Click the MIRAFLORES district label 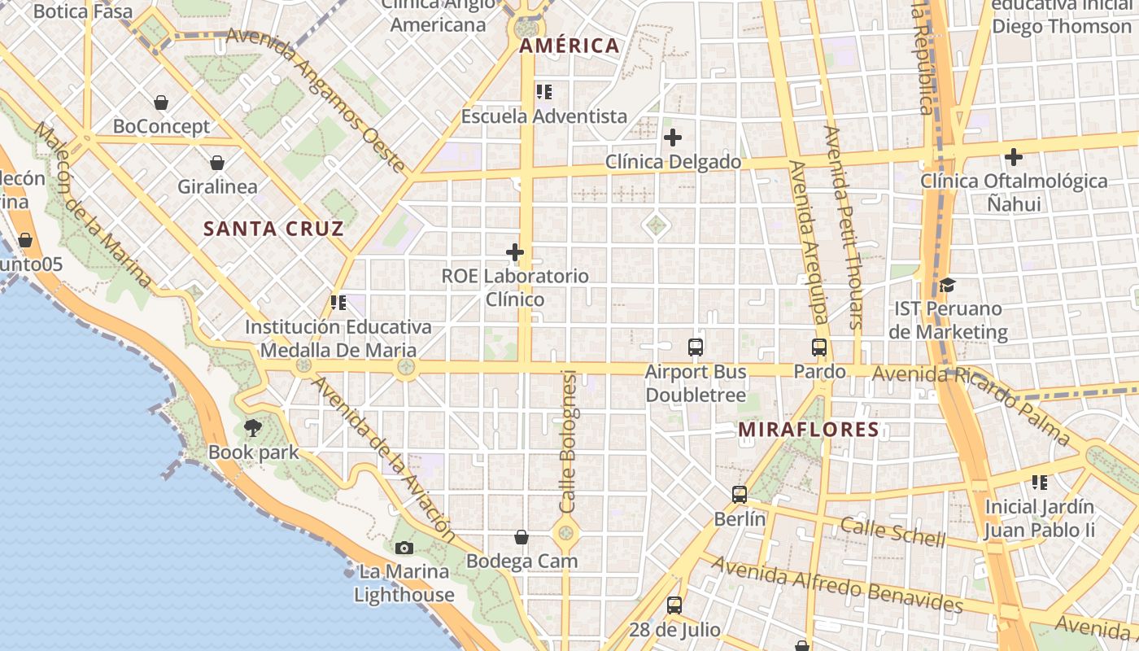coord(809,430)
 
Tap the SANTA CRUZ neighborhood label coord(273,229)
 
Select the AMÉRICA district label coord(569,46)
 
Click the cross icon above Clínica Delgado coord(673,138)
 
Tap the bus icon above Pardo coord(819,347)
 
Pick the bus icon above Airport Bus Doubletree coord(696,347)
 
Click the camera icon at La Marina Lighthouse coord(404,548)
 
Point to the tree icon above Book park coord(253,427)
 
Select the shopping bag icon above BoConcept coord(161,103)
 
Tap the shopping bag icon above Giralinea coord(217,163)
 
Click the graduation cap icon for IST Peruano coord(947,286)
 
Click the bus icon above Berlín coord(740,494)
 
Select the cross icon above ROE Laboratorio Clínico coord(515,252)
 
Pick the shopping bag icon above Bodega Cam coord(521,537)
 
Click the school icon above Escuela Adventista coord(544,92)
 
